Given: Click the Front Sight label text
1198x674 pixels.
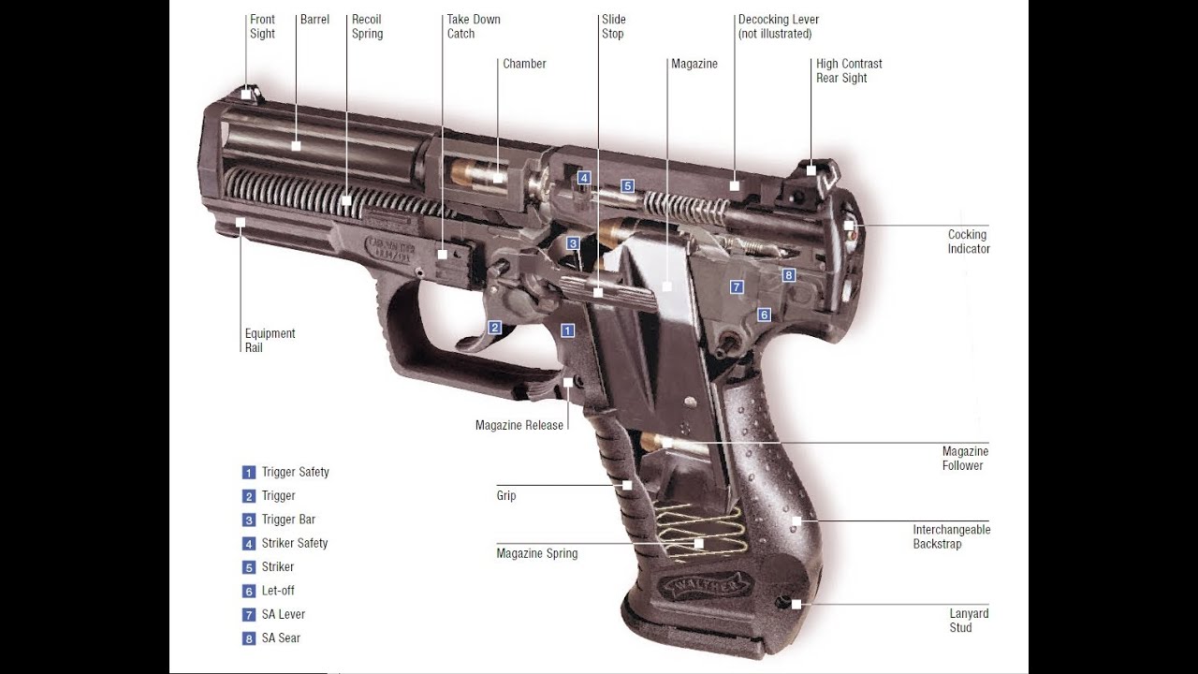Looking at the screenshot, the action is [262, 27].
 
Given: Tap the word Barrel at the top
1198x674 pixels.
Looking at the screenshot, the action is [314, 20].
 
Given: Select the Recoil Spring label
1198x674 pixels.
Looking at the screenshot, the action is [367, 27].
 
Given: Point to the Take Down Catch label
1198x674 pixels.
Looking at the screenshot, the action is [474, 27].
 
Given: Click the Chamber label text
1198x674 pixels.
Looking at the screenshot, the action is [524, 64].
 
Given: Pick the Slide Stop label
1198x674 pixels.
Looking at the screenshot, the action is [613, 27].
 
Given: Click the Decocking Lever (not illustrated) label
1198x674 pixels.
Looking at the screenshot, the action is [778, 27].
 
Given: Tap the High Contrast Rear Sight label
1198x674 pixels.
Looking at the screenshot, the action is [849, 70].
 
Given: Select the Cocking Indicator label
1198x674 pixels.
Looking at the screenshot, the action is [969, 242].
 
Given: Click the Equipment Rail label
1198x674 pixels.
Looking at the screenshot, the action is [270, 340].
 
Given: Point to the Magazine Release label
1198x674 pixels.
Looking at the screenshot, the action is [519, 425].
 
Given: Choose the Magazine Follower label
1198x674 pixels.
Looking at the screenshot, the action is [965, 459].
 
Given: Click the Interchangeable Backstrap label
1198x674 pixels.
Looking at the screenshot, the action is [952, 536].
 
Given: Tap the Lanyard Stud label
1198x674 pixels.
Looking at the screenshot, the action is [969, 621].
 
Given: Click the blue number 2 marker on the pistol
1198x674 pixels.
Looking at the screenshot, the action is [495, 328].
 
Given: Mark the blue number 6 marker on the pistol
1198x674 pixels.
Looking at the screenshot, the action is [764, 315].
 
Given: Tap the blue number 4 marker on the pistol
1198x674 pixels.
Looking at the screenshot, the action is [584, 178].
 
